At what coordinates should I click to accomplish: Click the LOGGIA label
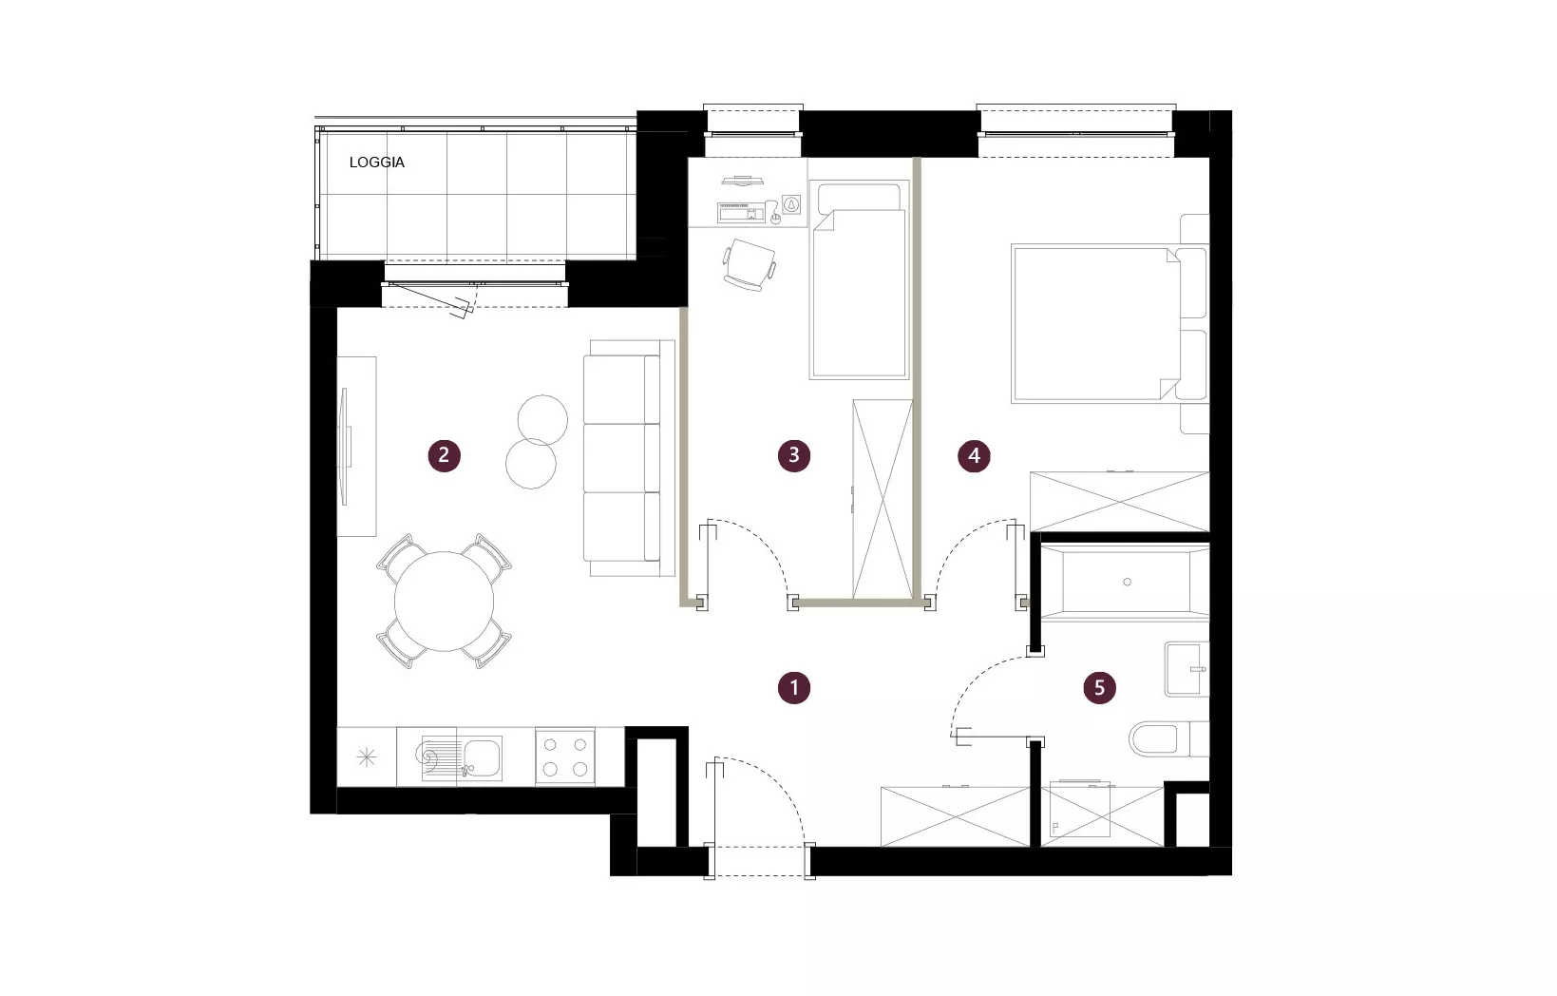point(377,163)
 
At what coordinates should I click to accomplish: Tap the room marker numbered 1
point(794,688)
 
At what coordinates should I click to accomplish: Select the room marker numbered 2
point(445,455)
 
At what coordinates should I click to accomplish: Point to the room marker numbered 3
point(794,455)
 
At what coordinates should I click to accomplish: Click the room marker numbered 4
point(974,455)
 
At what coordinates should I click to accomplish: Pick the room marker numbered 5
point(1100,688)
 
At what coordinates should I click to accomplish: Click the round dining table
point(445,601)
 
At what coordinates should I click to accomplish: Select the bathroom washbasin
point(1187,669)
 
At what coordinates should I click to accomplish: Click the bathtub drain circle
point(1127,582)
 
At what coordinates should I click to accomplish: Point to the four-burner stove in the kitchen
point(564,757)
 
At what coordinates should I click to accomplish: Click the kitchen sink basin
point(482,758)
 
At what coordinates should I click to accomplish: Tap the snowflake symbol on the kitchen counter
point(367,757)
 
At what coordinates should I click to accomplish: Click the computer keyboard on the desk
point(741,211)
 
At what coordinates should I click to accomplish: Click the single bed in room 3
point(860,278)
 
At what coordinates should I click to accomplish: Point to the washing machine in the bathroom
point(1080,809)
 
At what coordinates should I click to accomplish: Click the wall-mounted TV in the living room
point(343,447)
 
